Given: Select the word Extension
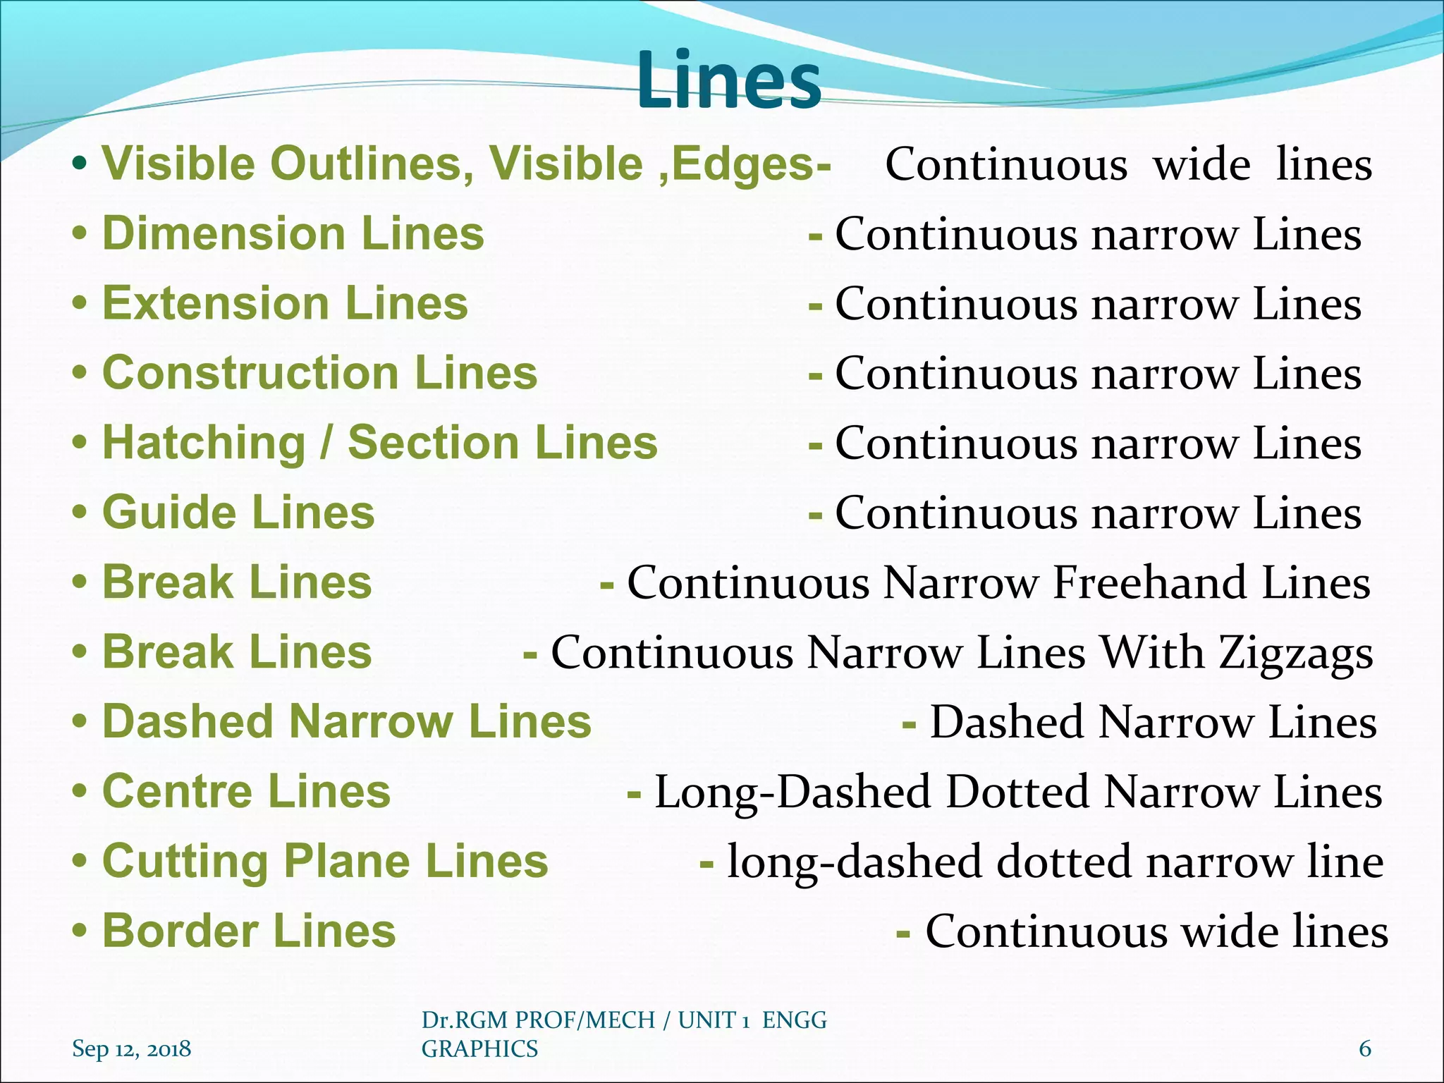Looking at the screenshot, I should pos(216,303).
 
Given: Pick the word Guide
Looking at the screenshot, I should pos(169,512).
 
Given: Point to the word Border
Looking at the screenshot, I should pos(179,931).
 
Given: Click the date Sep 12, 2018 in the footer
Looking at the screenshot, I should pos(131,1048).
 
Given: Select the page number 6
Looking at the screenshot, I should pos(1365,1048).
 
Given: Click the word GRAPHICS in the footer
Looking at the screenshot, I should pos(479,1048).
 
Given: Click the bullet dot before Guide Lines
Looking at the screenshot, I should pos(80,513).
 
